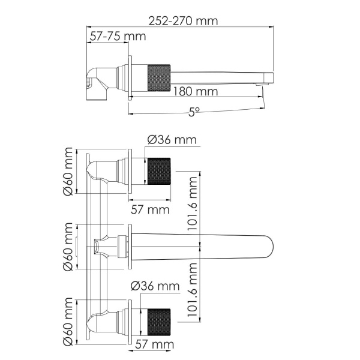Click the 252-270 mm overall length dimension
[184, 20]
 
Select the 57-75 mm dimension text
[118, 37]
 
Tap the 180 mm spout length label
[195, 92]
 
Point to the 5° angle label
[193, 112]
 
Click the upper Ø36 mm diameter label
[172, 140]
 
